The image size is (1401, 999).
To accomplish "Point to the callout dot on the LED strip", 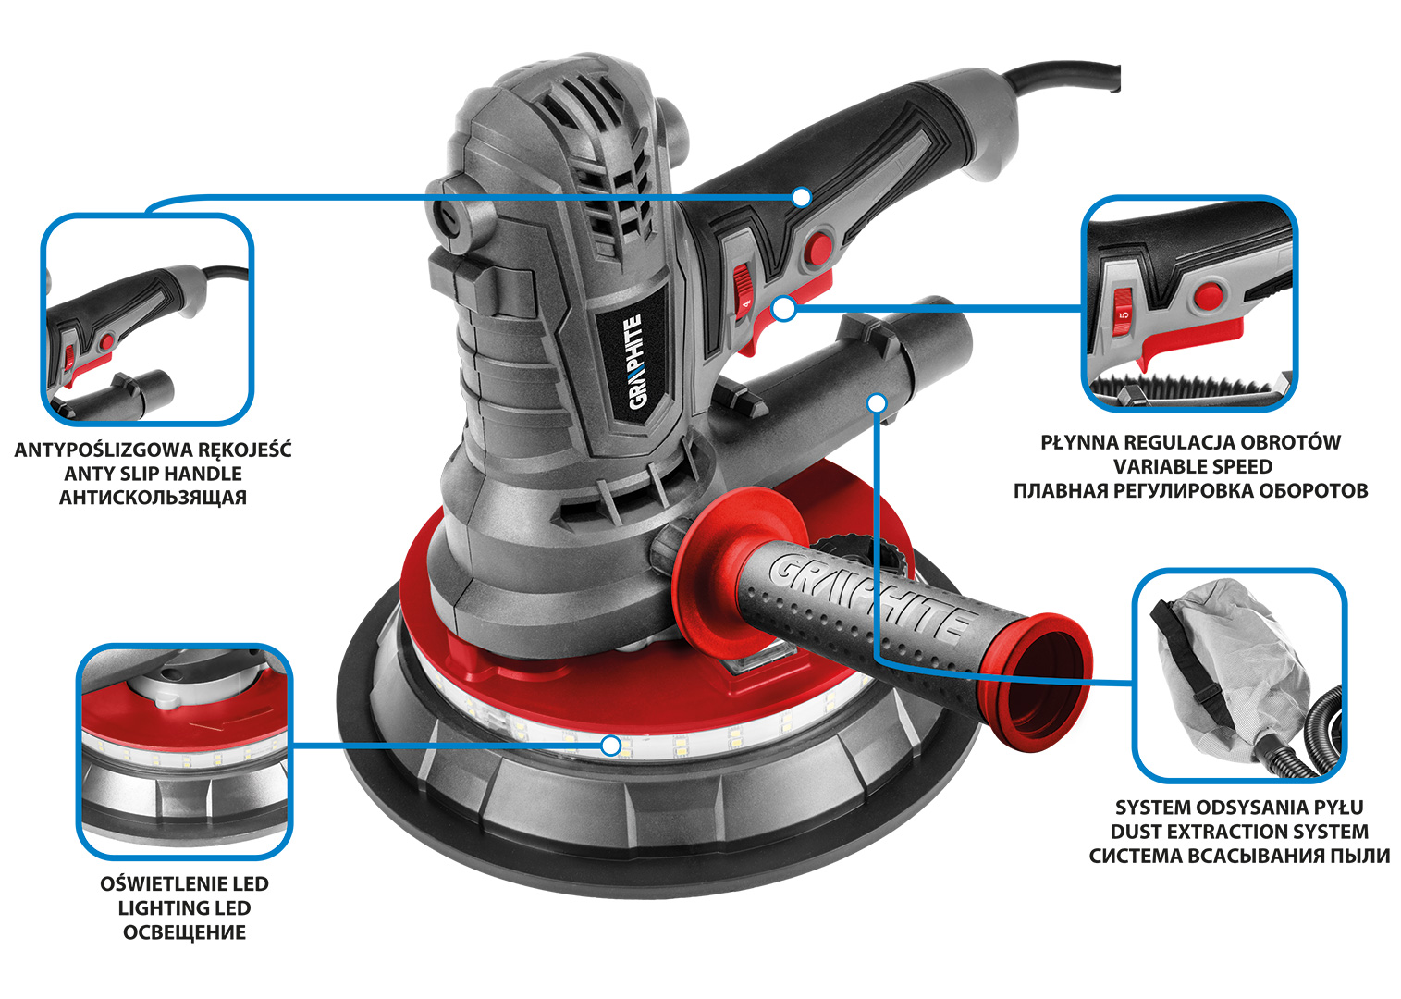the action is pyautogui.click(x=611, y=746).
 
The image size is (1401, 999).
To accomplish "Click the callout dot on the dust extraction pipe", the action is pyautogui.click(x=878, y=403).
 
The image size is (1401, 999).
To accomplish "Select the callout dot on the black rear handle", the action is pyautogui.click(x=801, y=197).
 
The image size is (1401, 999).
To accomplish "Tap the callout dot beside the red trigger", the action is pyautogui.click(x=784, y=309).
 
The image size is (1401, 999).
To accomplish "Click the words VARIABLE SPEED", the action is pyautogui.click(x=1192, y=466).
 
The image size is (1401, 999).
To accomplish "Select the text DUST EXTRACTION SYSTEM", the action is pyautogui.click(x=1239, y=832).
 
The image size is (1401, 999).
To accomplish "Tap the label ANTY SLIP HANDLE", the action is pyautogui.click(x=154, y=474).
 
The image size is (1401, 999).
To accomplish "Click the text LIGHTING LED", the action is pyautogui.click(x=185, y=907).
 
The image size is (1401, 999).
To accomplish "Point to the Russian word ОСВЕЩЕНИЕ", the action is pyautogui.click(x=185, y=932).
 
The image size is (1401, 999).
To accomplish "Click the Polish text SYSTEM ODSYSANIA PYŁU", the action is pyautogui.click(x=1239, y=807).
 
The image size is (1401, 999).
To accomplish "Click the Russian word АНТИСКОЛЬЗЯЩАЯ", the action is pyautogui.click(x=154, y=498).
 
